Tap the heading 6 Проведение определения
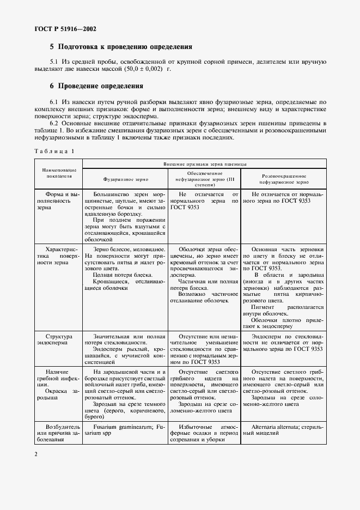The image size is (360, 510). [x=96, y=86]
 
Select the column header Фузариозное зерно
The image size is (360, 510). [x=126, y=178]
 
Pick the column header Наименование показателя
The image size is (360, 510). [x=58, y=173]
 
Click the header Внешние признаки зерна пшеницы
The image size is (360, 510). [x=204, y=163]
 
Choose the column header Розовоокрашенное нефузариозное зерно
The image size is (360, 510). [x=284, y=180]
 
